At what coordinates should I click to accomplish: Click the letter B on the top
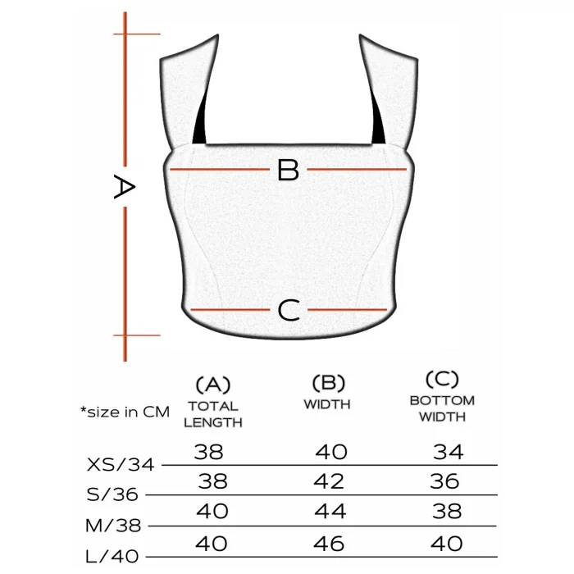[288, 170]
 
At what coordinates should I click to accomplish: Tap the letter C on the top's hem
[289, 311]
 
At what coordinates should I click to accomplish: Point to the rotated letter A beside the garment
[125, 187]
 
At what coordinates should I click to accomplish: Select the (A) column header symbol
[213, 385]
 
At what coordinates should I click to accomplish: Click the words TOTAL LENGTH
[213, 414]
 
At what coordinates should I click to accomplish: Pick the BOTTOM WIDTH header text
[442, 408]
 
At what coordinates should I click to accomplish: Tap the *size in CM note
[125, 412]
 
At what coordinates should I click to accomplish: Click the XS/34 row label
[121, 465]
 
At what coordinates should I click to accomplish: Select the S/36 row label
[112, 494]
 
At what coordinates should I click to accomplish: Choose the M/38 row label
[113, 526]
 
